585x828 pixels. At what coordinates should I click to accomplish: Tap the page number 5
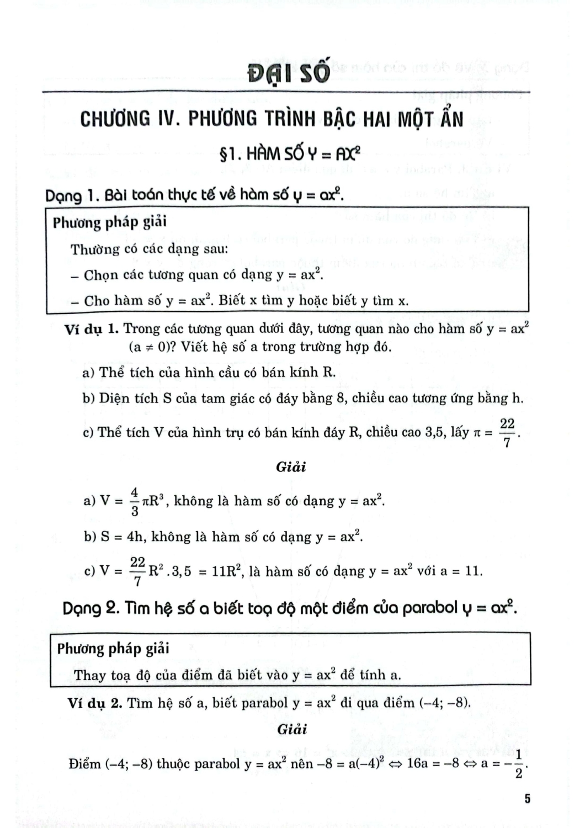[x=527, y=799]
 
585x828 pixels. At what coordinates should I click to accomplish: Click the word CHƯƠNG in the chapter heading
[x=115, y=119]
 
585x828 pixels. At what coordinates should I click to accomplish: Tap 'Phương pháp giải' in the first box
[x=109, y=223]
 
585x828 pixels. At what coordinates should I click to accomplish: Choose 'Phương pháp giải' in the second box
[x=113, y=649]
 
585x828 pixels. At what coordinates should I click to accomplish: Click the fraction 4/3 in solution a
[x=134, y=501]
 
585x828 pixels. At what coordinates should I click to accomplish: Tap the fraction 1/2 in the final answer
[x=518, y=764]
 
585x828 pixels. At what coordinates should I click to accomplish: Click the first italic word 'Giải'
[x=291, y=467]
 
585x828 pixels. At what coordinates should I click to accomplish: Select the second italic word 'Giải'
[x=292, y=729]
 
